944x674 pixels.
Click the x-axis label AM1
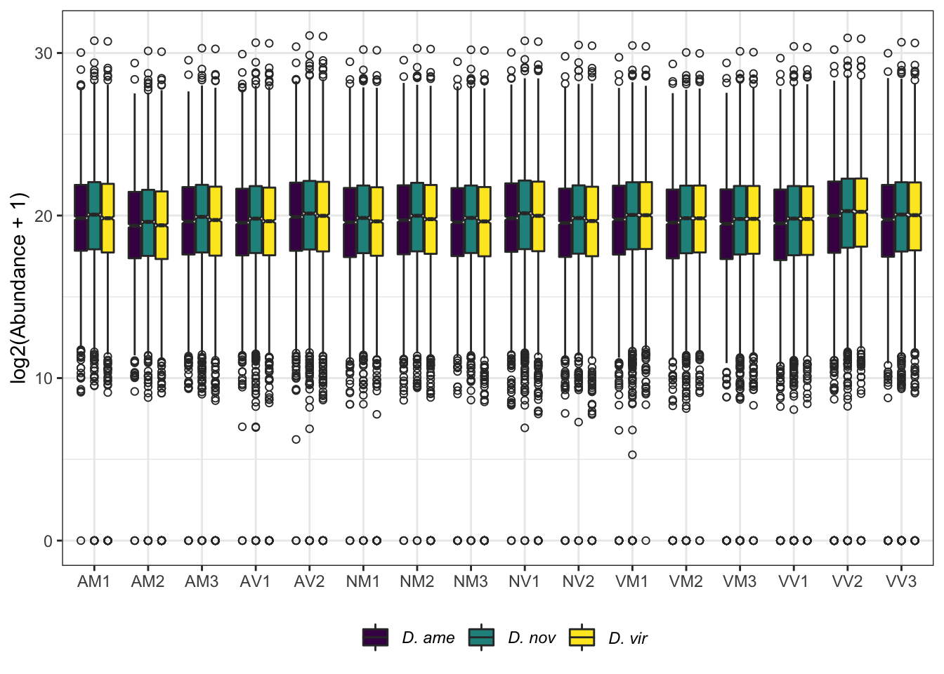[x=94, y=581]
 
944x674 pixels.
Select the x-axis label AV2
[x=309, y=581]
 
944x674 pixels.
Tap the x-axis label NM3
[x=471, y=581]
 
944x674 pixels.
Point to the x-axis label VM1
[x=632, y=581]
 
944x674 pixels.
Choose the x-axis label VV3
[x=901, y=581]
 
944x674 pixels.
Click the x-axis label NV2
[x=578, y=581]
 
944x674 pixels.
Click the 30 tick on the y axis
[x=44, y=53]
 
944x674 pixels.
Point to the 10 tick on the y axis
[x=44, y=378]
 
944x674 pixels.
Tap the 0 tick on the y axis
[x=48, y=541]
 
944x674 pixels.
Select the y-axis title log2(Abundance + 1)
[x=19, y=288]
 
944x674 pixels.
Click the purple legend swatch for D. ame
[x=375, y=637]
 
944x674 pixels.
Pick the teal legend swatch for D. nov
[x=481, y=637]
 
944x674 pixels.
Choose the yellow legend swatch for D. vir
[x=582, y=637]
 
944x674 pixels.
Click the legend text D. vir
[x=628, y=638]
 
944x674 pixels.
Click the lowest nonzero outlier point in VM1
[x=632, y=455]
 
